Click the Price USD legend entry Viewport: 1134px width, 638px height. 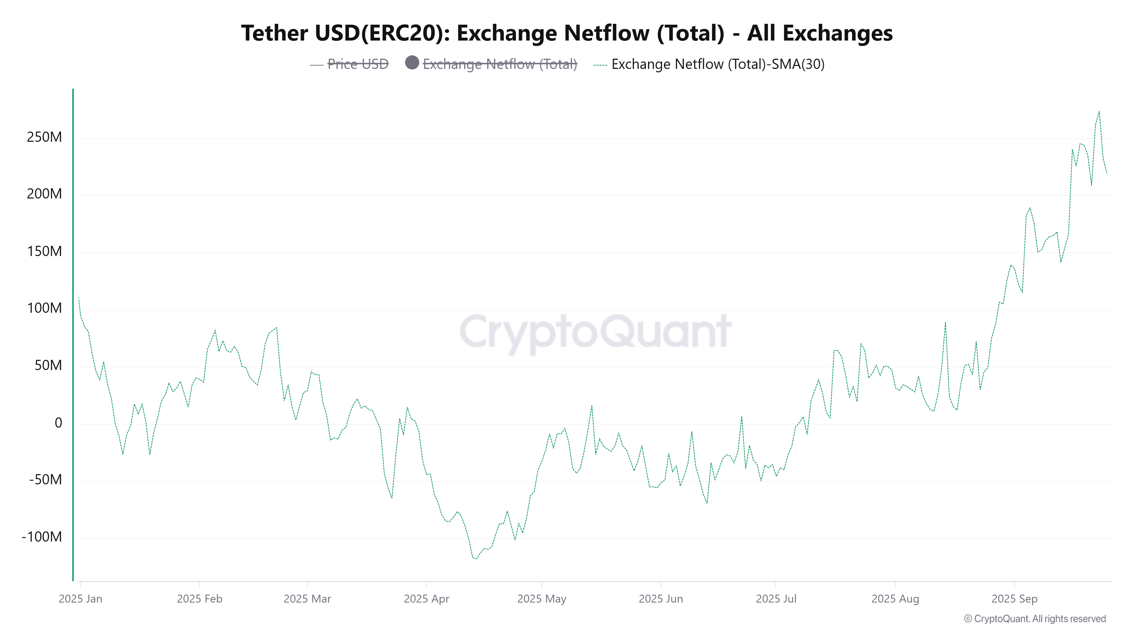[357, 64]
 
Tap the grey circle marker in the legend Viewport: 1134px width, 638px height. [412, 63]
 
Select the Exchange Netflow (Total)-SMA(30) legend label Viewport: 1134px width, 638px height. [718, 64]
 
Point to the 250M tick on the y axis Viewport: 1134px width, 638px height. [45, 137]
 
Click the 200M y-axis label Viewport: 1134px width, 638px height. [45, 194]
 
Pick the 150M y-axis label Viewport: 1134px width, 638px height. [45, 252]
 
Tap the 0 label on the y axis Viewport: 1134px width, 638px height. [58, 423]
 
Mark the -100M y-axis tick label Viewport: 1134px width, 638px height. [42, 537]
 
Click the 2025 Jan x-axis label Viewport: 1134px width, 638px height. [81, 599]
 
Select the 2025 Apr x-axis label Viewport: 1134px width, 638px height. [426, 599]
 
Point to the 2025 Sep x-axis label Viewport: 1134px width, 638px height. [1014, 599]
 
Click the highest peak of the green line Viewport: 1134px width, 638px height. [1099, 111]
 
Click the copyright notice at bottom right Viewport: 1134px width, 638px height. [1034, 619]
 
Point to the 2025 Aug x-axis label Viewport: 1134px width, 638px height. [895, 599]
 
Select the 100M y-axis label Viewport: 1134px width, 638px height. [45, 308]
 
